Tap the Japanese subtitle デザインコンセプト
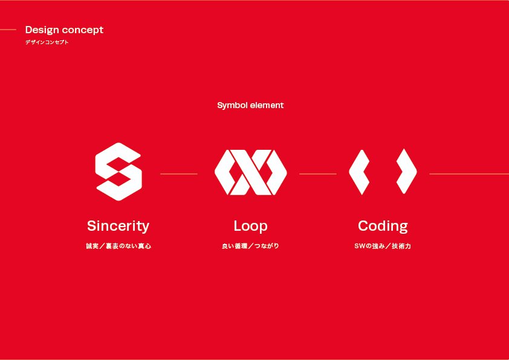[x=47, y=42]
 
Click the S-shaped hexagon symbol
[x=118, y=172]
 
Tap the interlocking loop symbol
[x=250, y=172]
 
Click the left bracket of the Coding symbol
[x=359, y=172]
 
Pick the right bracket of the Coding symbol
[x=406, y=172]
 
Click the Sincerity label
[x=118, y=226]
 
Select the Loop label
[x=250, y=226]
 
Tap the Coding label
[x=383, y=226]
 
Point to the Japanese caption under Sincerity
[x=118, y=246]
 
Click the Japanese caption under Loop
[x=250, y=246]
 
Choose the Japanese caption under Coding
[x=383, y=246]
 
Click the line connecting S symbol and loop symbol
[x=179, y=174]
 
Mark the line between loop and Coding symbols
[x=317, y=174]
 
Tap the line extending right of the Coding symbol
[x=468, y=174]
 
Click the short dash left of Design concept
[x=8, y=30]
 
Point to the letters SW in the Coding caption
[x=358, y=246]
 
